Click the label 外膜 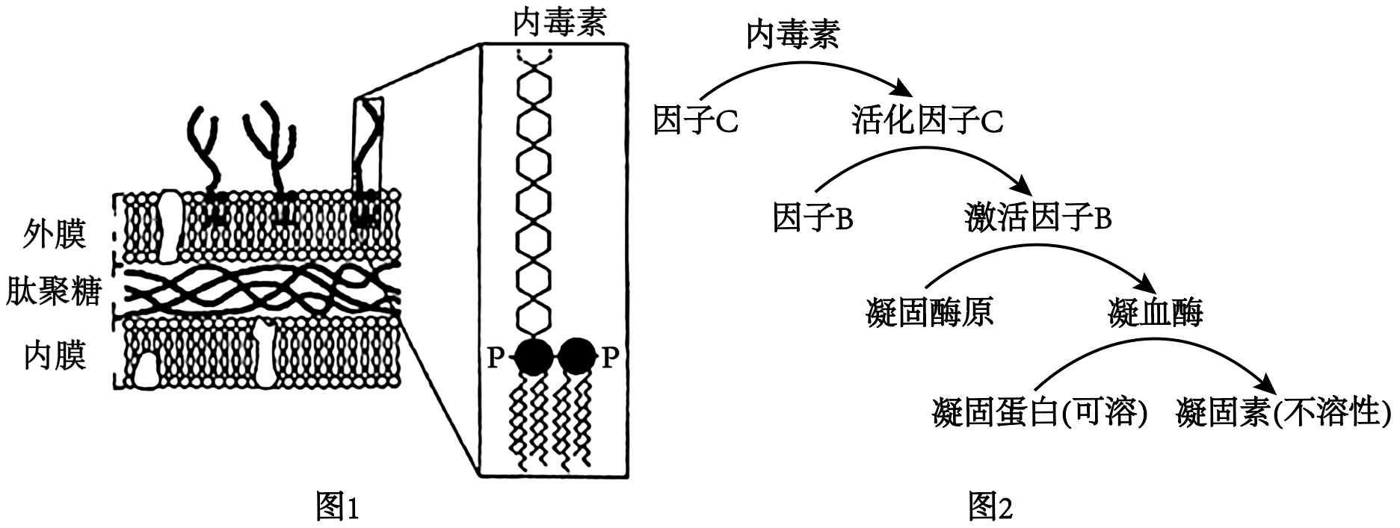[x=55, y=234]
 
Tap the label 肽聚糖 [x=54, y=291]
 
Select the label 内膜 [x=55, y=355]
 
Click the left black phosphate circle [x=534, y=357]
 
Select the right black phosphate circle [x=577, y=357]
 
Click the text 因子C [x=696, y=119]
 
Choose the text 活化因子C [x=928, y=119]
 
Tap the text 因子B [x=813, y=218]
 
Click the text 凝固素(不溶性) [x=1284, y=412]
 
